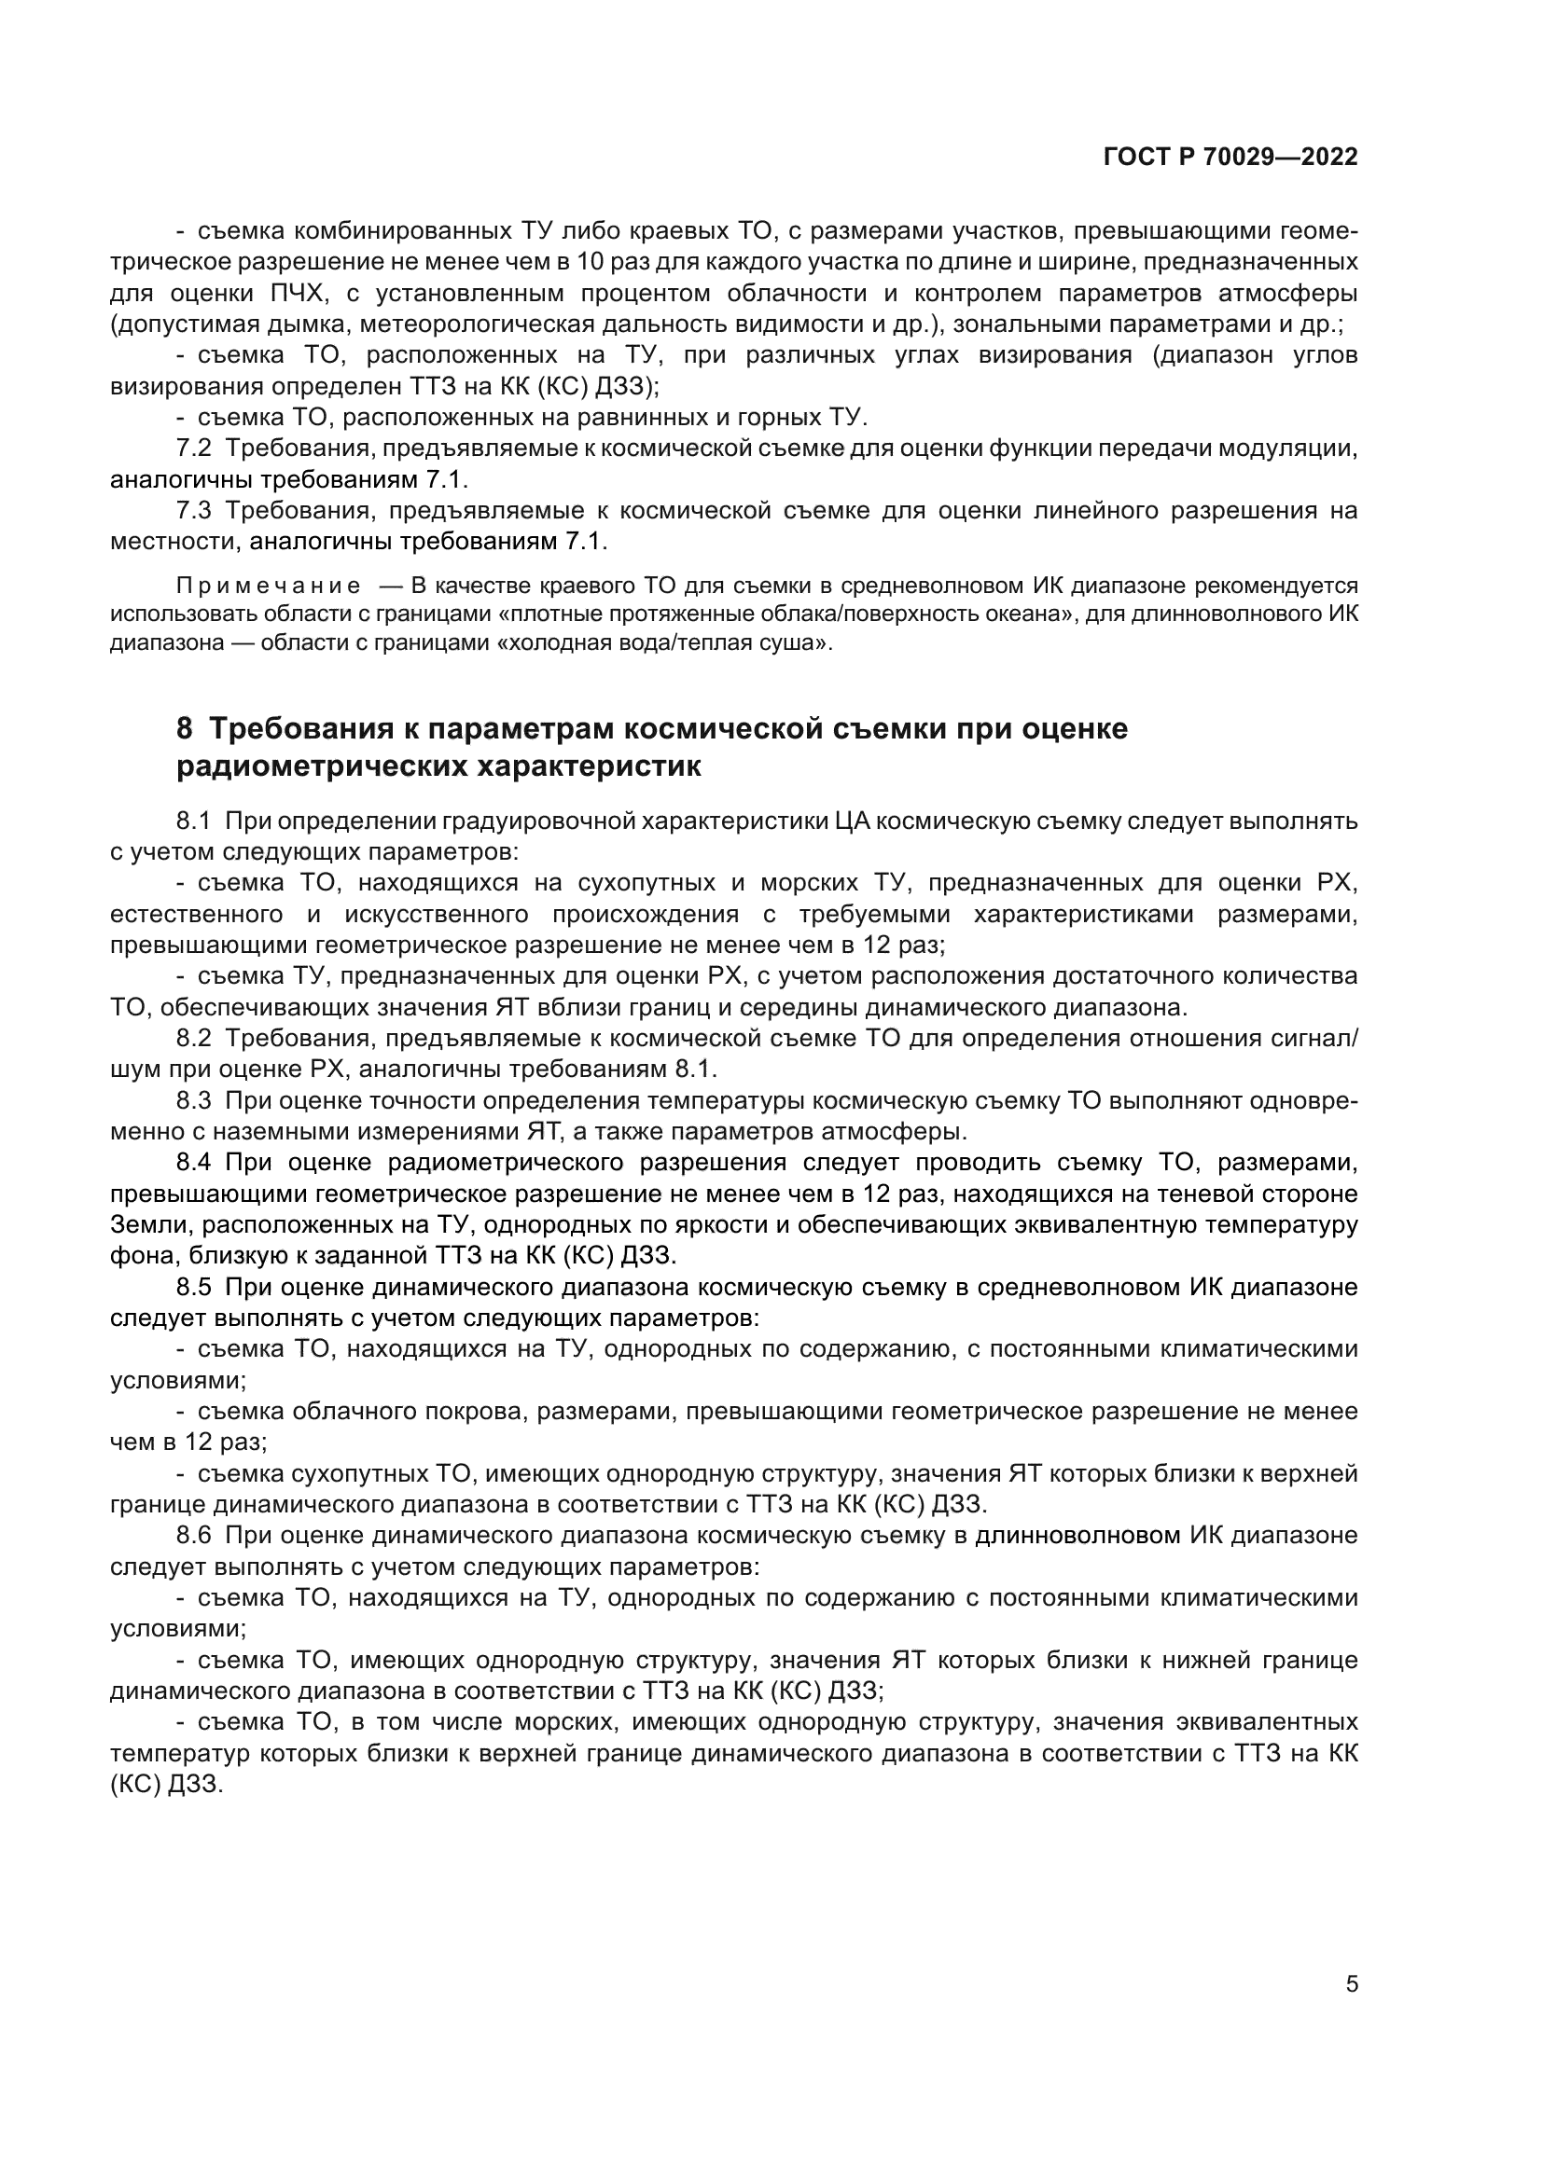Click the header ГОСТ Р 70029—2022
(1230, 157)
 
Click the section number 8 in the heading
(185, 728)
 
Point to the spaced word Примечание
(269, 586)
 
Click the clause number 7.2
(194, 448)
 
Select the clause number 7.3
(194, 510)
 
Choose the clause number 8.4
(194, 1163)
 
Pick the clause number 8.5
(194, 1287)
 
